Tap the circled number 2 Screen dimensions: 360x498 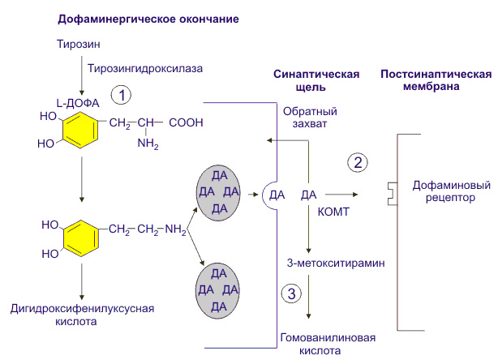click(357, 162)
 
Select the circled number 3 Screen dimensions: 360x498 click(293, 293)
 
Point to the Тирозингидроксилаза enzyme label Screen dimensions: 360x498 click(144, 69)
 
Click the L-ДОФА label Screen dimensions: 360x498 click(77, 103)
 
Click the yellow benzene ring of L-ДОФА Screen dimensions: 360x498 click(79, 131)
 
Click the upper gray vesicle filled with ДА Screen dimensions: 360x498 click(220, 192)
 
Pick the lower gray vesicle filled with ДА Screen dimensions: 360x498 click(218, 289)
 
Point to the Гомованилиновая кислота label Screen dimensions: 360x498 click(315, 344)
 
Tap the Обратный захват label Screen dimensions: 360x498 click(310, 118)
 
